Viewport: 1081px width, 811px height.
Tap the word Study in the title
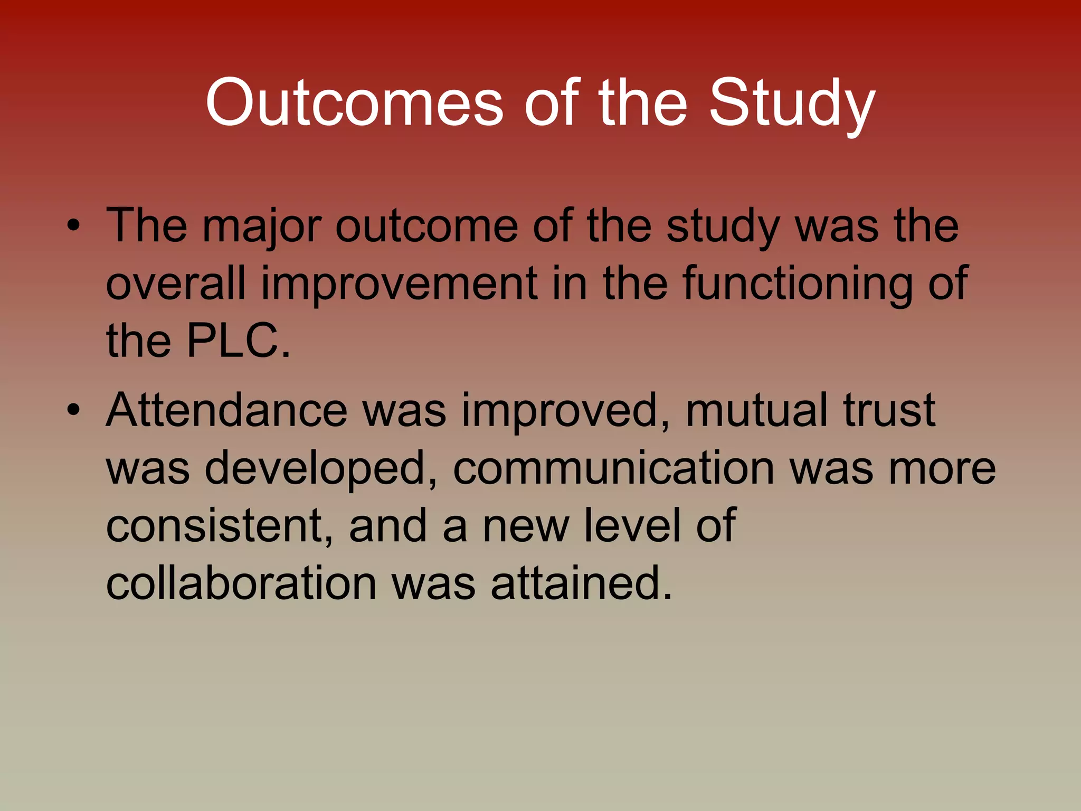pyautogui.click(x=792, y=103)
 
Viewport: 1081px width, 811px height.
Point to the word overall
pyautogui.click(x=176, y=284)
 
